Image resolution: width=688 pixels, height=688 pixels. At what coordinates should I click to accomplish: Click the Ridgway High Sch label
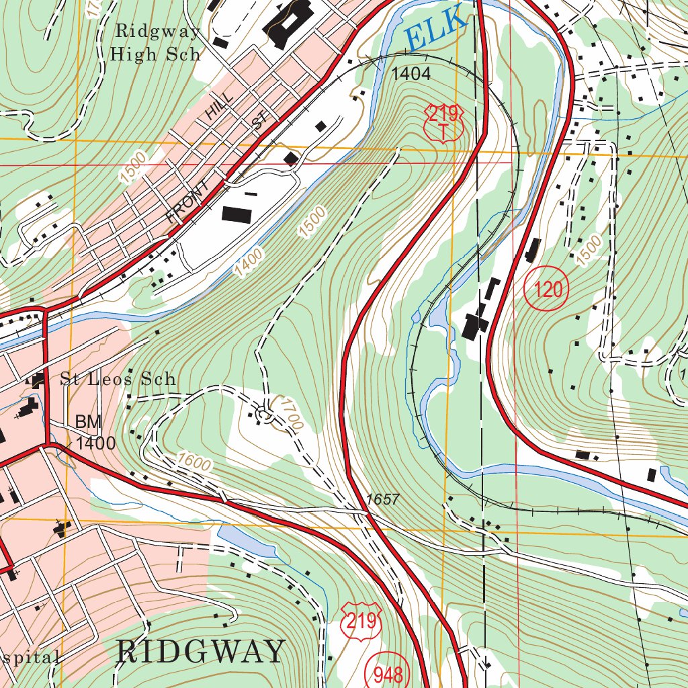(156, 42)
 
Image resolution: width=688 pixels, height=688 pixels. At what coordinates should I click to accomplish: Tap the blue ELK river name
(437, 28)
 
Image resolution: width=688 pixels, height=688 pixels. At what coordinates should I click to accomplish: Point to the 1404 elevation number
(411, 74)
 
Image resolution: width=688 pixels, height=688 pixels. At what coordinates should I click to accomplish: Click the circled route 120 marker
(546, 290)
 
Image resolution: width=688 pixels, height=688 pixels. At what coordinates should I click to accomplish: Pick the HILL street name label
(220, 106)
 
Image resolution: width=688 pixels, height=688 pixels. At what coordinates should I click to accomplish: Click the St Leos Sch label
(118, 379)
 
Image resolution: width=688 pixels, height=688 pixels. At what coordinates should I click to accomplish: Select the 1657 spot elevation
(383, 499)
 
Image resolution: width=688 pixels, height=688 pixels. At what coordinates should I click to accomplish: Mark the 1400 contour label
(249, 262)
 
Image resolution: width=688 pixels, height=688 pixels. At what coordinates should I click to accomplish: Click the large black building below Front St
(236, 215)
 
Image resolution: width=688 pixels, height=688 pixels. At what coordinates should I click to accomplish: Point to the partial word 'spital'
(30, 657)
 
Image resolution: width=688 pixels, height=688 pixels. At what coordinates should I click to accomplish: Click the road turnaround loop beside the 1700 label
(263, 415)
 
